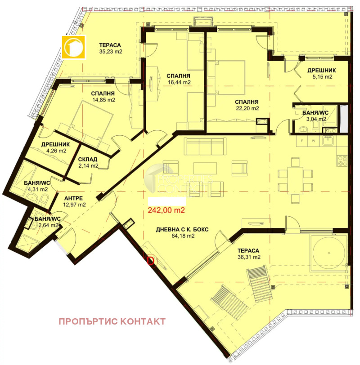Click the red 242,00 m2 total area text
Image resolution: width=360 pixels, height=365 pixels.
coord(166,210)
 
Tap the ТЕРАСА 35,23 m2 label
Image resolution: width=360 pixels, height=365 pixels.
coord(110,48)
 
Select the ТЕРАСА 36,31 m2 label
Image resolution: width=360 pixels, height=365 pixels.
coord(248,254)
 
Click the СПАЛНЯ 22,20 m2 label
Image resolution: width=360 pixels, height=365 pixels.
coord(247,105)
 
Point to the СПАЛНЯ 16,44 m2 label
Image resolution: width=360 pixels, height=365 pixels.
coord(179,79)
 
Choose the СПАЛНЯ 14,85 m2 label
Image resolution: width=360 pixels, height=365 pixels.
coord(103,97)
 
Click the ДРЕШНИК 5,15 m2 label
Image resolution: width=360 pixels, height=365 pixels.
coord(322,73)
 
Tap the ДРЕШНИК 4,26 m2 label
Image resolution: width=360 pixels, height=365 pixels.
coord(56,147)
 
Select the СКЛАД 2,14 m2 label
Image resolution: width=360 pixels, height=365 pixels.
coord(88,162)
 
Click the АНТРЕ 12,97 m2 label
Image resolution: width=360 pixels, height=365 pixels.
coord(74,201)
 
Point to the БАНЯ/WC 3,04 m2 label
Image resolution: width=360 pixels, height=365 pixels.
coord(315,116)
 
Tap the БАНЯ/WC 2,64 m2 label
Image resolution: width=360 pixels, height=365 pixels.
coord(48,222)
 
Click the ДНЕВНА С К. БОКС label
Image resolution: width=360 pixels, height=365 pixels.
coord(182,230)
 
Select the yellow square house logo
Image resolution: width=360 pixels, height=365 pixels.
coord(74,47)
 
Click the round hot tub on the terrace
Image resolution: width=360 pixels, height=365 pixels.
coord(328,253)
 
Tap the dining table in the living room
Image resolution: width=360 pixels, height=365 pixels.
coord(295,180)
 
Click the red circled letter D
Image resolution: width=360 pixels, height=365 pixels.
coord(151,260)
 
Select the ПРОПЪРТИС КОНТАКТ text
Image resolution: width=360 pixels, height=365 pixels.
coord(112,321)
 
